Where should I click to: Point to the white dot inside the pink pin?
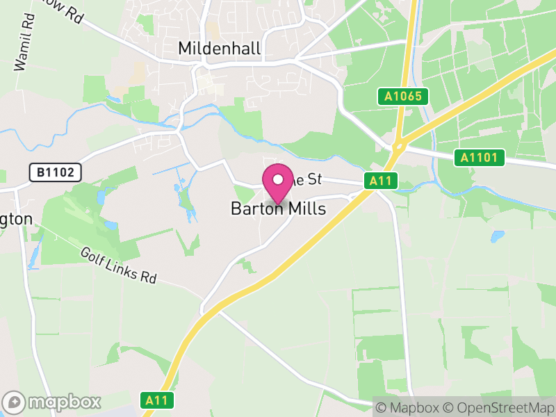(x=277, y=179)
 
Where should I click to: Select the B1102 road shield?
(x=56, y=172)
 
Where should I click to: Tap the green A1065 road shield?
(x=403, y=96)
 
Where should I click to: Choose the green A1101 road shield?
(x=480, y=158)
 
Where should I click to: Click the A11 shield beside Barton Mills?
(x=382, y=181)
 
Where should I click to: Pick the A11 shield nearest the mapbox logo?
(x=157, y=400)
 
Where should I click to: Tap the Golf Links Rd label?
(x=118, y=265)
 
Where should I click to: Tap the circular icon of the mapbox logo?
(x=15, y=402)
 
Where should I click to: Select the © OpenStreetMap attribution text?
(x=498, y=407)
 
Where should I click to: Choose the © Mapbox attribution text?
(x=409, y=407)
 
